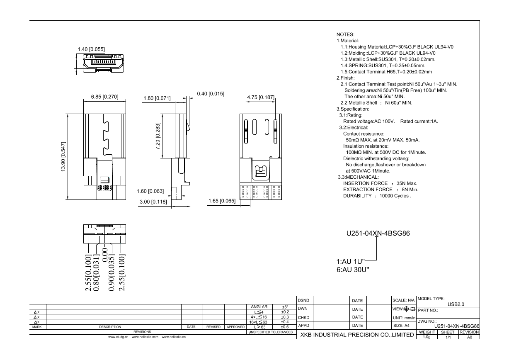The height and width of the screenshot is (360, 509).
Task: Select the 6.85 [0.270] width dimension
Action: click(104, 97)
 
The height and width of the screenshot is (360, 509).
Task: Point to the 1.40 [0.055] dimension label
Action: click(91, 49)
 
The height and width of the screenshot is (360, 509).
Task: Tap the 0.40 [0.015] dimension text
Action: click(211, 94)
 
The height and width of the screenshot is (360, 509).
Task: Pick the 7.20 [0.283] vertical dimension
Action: click(158, 137)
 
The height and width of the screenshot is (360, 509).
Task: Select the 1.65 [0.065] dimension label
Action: click(222, 201)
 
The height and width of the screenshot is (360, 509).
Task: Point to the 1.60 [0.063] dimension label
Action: click(150, 191)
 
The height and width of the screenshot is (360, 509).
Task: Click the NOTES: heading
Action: click(345, 34)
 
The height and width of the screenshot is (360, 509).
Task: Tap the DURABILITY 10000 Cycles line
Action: click(377, 195)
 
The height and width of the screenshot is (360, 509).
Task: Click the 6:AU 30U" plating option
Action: click(352, 270)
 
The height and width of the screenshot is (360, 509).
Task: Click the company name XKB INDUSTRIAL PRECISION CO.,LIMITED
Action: click(357, 335)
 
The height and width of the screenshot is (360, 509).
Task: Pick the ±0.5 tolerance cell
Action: click(285, 327)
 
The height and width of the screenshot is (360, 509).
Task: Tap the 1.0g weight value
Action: click(427, 337)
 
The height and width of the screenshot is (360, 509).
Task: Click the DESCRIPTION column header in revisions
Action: click(110, 327)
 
